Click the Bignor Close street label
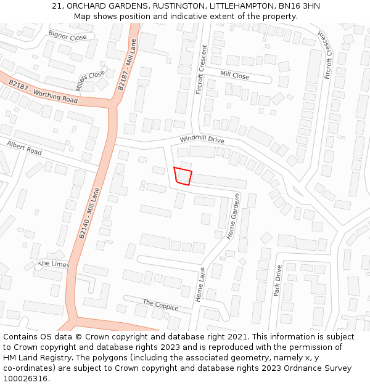click(67, 36)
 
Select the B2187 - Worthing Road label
click(43, 91)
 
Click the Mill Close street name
click(235, 76)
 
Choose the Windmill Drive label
click(202, 140)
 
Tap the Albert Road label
click(24, 148)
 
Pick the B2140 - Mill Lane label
click(89, 213)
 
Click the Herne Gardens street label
click(232, 216)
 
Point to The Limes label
click(55, 264)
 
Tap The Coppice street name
click(160, 306)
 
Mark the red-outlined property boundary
click(183, 176)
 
